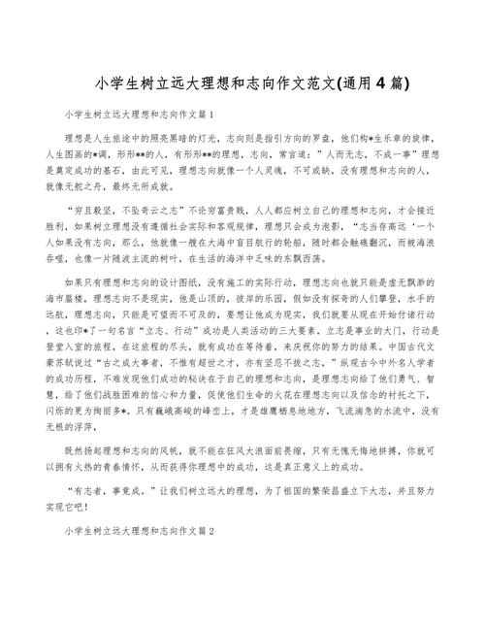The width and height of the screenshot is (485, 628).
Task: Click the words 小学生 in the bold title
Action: point(114,81)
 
